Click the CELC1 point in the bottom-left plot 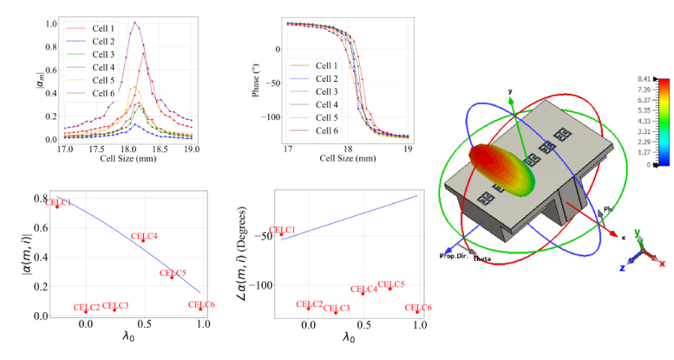click(57, 206)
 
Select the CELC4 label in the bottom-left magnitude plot click(144, 236)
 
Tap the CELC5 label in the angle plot click(391, 284)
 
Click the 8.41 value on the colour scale click(643, 78)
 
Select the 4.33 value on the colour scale click(643, 121)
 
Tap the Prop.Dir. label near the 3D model click(454, 256)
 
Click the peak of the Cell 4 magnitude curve click(135, 22)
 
